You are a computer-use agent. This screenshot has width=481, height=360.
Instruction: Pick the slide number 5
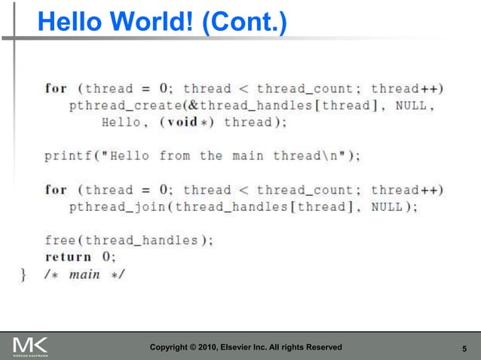click(463, 347)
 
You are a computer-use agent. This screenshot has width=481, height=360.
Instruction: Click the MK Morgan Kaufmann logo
click(31, 347)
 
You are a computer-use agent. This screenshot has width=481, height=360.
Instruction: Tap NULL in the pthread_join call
click(388, 206)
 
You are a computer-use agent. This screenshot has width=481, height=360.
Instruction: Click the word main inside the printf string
click(248, 156)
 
